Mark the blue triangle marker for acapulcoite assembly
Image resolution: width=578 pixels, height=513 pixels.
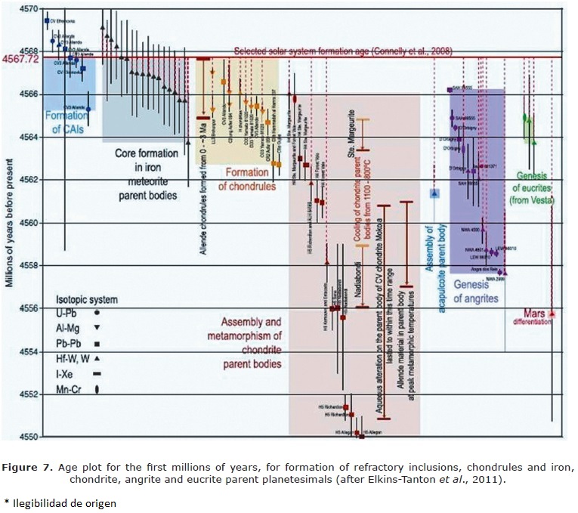point(434,193)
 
